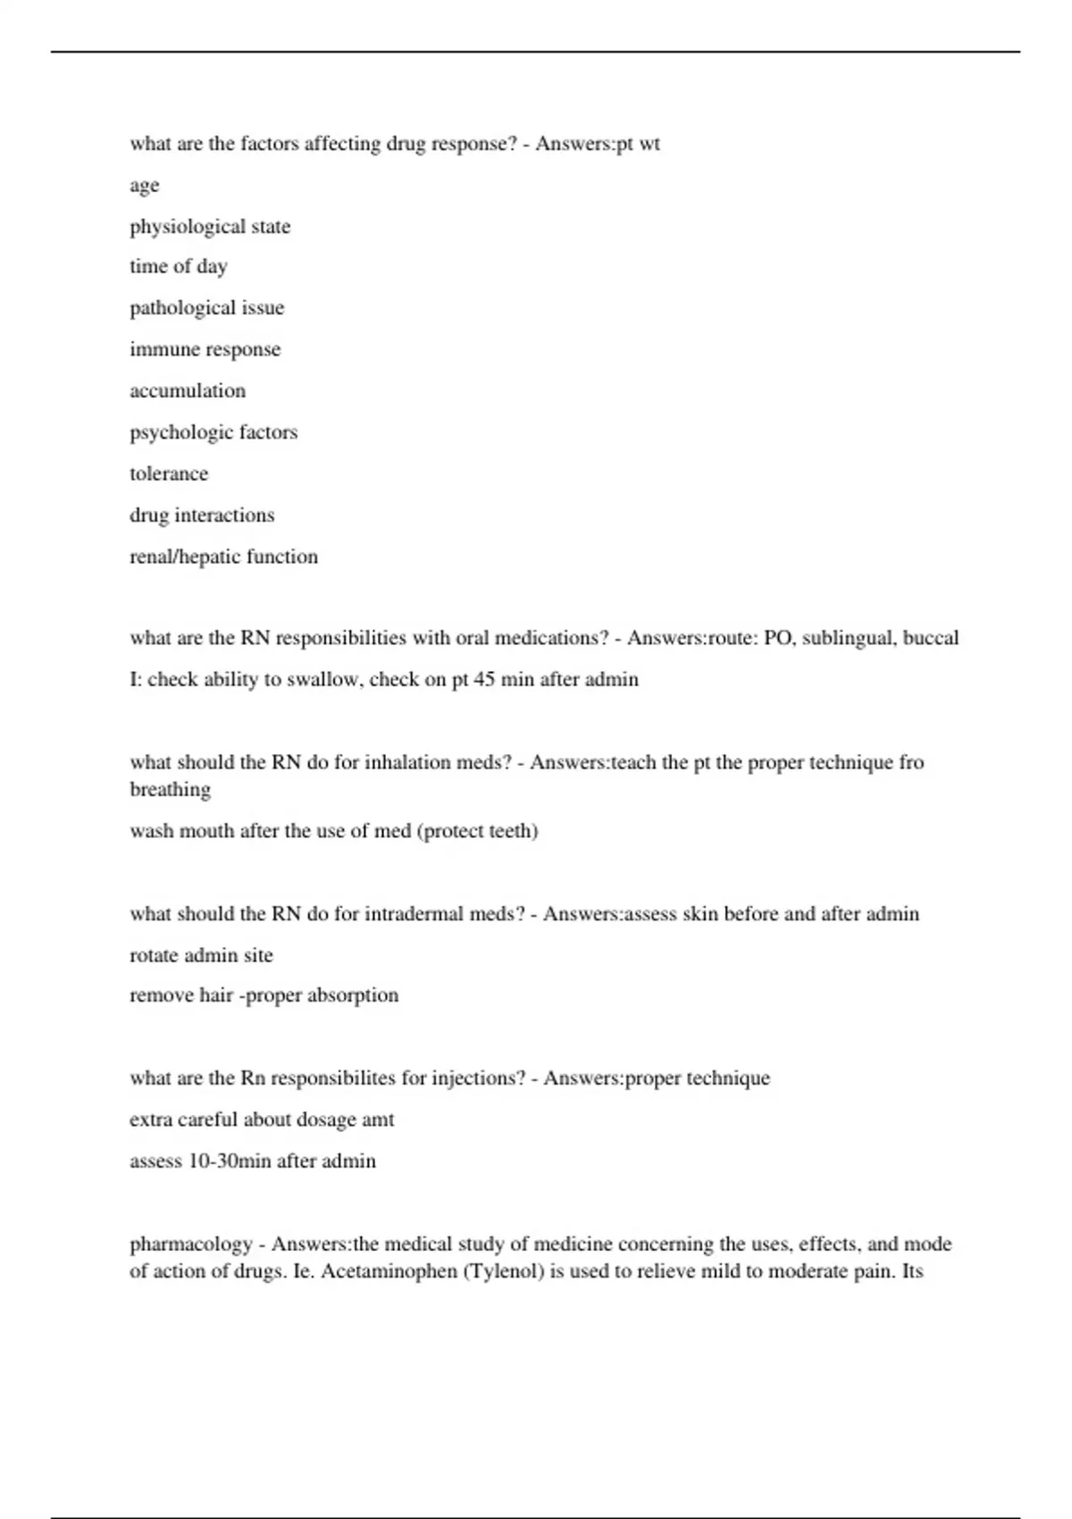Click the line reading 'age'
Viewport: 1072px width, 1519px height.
144,186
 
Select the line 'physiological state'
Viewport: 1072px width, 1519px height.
210,227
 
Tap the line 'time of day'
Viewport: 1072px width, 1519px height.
179,266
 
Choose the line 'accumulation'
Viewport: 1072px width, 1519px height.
188,390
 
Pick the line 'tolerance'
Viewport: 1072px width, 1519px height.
169,474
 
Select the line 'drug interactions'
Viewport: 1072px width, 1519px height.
202,516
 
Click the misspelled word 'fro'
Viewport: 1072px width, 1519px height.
911,762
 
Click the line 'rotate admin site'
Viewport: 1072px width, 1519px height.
201,955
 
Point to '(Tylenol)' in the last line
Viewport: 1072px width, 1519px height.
502,1271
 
